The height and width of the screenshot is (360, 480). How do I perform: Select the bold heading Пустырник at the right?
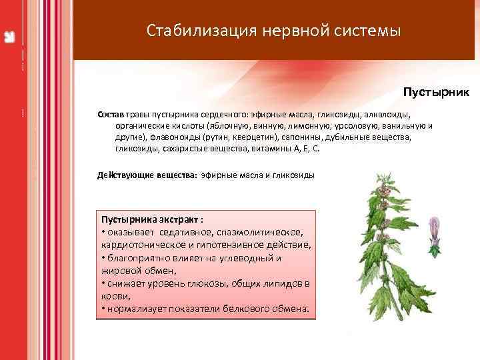436,91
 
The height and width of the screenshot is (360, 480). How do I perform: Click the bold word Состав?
111,114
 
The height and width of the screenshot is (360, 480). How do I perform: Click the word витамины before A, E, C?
271,149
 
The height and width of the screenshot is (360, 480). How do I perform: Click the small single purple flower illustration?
435,235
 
